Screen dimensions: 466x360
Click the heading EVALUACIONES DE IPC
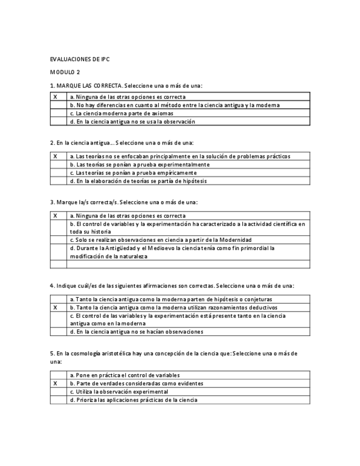[x=80, y=59]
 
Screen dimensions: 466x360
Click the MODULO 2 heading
[x=65, y=72]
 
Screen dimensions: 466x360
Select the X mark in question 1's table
[x=55, y=97]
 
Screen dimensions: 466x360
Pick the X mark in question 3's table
[x=55, y=216]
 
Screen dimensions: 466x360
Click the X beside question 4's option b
[x=55, y=308]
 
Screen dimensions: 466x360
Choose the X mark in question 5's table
[x=55, y=384]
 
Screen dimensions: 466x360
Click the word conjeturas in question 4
[x=257, y=299]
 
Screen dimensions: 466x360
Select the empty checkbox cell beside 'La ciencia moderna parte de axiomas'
[x=58, y=113]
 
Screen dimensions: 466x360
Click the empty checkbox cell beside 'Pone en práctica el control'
[x=58, y=375]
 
